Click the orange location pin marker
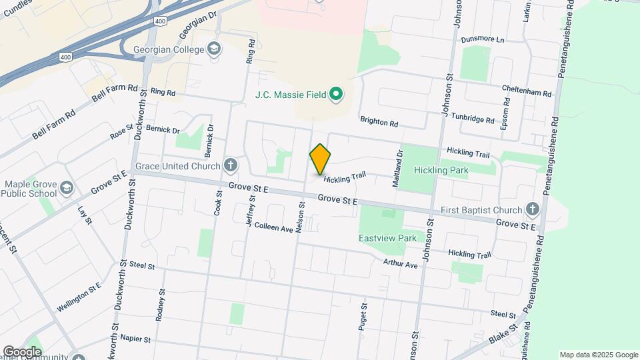pyautogui.click(x=320, y=159)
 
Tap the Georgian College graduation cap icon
pyautogui.click(x=214, y=48)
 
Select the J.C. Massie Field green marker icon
pyautogui.click(x=337, y=94)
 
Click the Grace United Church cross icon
pyautogui.click(x=231, y=165)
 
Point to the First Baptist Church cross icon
pyautogui.click(x=532, y=209)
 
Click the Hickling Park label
pyautogui.click(x=441, y=170)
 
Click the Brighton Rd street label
pyautogui.click(x=379, y=123)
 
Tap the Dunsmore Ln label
pyautogui.click(x=482, y=39)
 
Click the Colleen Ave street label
pyautogui.click(x=273, y=228)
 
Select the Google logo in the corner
pyautogui.click(x=22, y=351)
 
